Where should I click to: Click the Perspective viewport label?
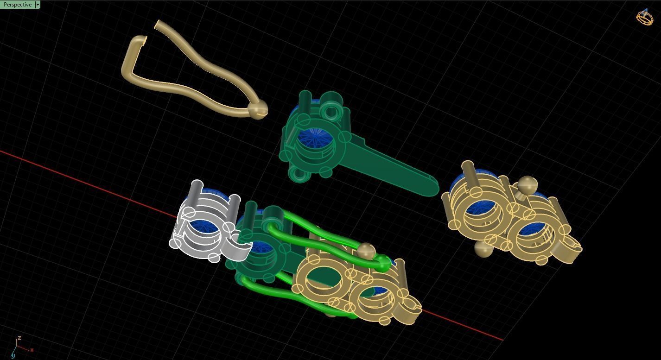pos(18,5)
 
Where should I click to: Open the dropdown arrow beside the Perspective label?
pos(38,5)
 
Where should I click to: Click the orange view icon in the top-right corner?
pos(644,17)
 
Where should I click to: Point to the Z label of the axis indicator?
pos(19,338)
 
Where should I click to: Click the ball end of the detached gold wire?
pos(256,109)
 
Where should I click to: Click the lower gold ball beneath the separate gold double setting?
pos(483,249)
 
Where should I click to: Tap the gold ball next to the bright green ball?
pos(366,251)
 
